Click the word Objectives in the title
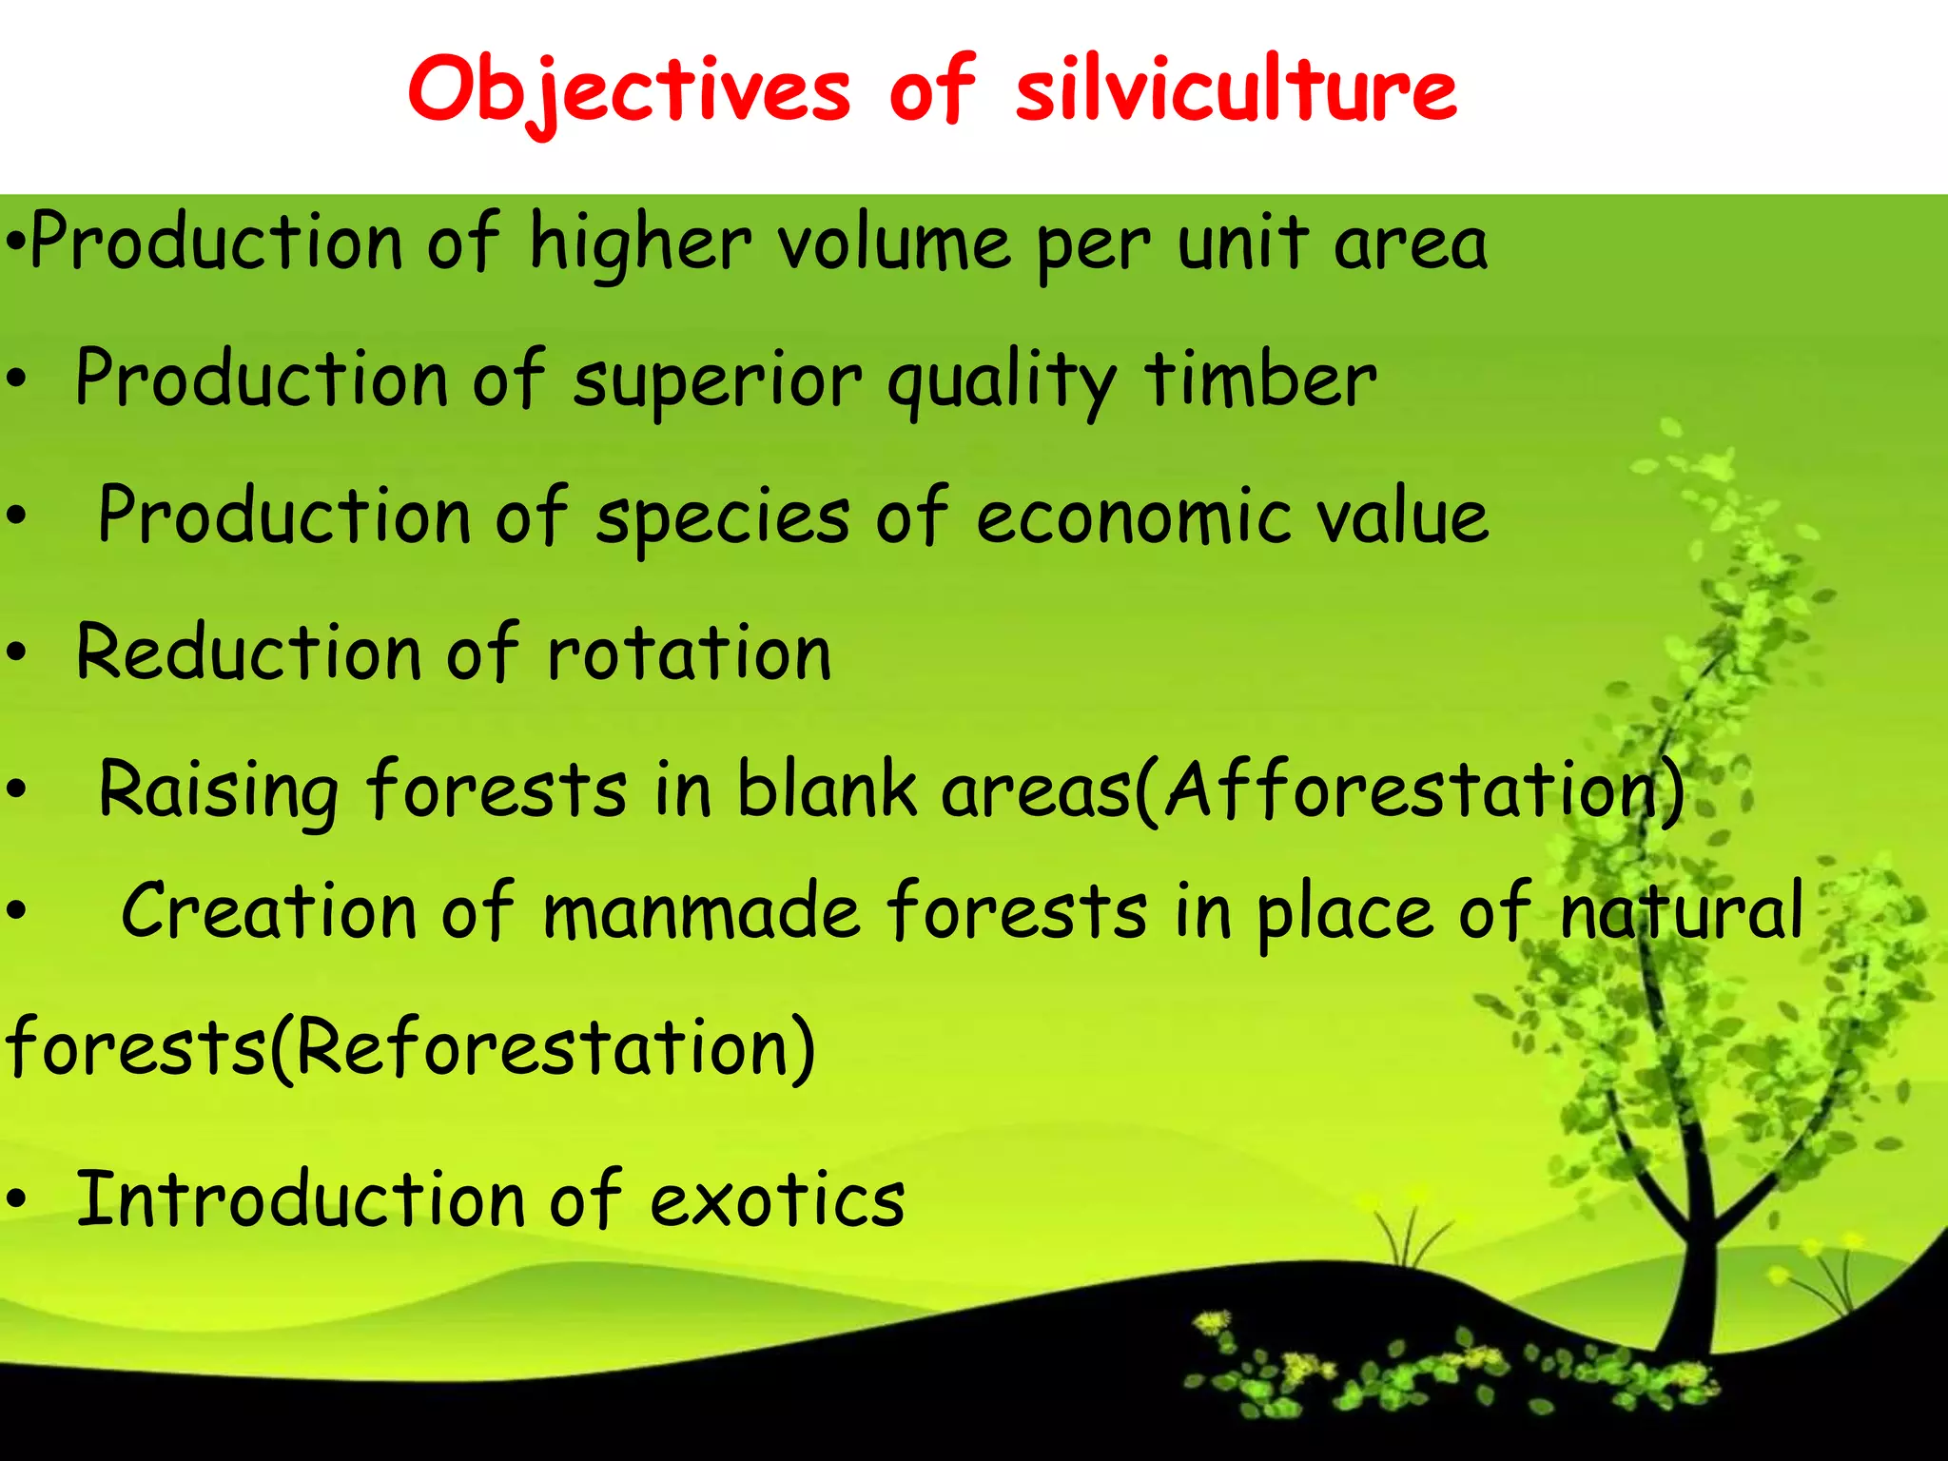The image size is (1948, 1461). [629, 90]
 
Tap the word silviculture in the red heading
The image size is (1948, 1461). [1236, 90]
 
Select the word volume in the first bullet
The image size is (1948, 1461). [894, 243]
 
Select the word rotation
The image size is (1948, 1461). [689, 654]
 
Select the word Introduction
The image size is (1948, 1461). [300, 1199]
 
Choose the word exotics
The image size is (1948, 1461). [776, 1201]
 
